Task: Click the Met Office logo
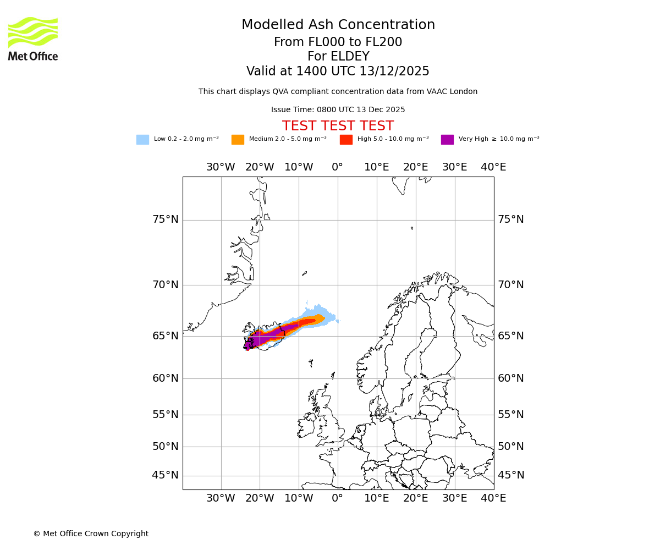[x=33, y=38]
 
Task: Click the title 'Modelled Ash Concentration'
[x=338, y=25]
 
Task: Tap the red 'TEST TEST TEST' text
[x=338, y=127]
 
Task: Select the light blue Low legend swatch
[x=142, y=140]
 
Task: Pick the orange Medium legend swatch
[x=238, y=140]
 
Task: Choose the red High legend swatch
[x=346, y=140]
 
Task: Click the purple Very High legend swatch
[x=447, y=140]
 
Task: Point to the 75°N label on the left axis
[x=165, y=219]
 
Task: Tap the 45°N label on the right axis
[x=511, y=475]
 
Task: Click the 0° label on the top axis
[x=338, y=167]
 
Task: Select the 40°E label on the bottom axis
[x=493, y=498]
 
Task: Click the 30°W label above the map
[x=221, y=167]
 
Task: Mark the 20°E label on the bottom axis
[x=415, y=498]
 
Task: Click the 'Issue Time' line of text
[x=338, y=110]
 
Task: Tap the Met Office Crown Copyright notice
[x=91, y=534]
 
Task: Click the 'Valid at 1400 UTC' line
[x=338, y=71]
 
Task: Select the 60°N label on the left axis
[x=165, y=378]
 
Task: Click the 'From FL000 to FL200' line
[x=338, y=42]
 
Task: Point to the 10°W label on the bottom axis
[x=299, y=498]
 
